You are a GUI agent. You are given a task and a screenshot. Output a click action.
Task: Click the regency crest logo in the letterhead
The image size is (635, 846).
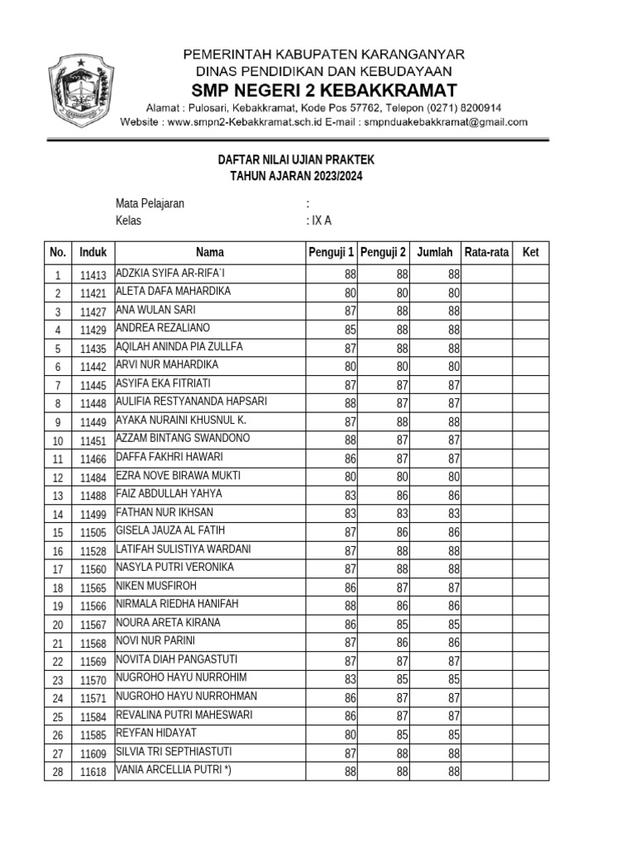pos(81,90)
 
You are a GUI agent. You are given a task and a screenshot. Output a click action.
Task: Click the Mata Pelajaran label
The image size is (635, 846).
pos(150,203)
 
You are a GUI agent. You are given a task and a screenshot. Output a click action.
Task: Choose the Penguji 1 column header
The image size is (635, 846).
pos(331,253)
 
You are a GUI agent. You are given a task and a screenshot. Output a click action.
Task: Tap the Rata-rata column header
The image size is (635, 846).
pos(487,253)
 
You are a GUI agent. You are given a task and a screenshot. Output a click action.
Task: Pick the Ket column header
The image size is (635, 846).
pos(530,253)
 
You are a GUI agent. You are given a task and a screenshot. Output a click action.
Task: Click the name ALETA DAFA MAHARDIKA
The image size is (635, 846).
pos(173,292)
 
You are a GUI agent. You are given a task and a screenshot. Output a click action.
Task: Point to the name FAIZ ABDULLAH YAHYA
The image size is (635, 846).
pos(169,494)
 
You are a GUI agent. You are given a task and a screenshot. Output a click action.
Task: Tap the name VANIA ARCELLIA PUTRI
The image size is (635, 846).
pos(173,770)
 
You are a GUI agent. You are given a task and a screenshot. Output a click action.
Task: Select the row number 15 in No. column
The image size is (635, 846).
pos(58,533)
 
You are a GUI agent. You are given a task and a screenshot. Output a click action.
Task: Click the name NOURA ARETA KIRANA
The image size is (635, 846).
pos(168,623)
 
